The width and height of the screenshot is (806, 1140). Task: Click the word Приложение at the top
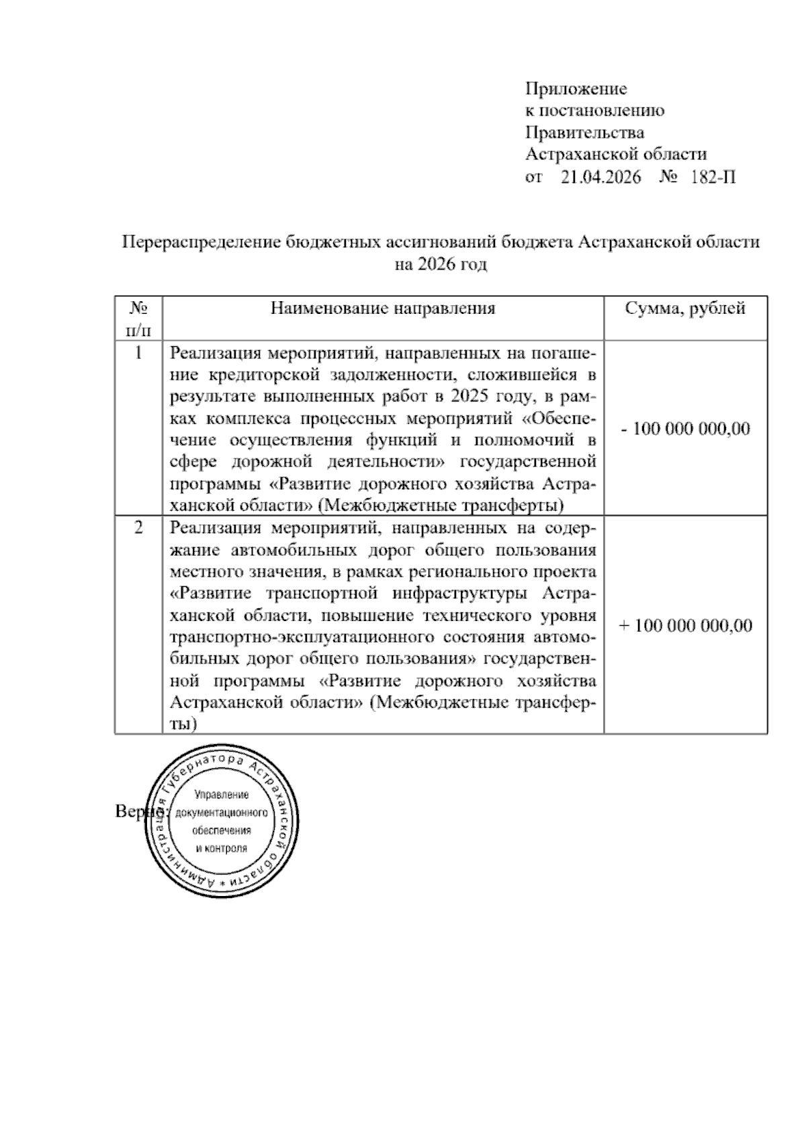(576, 89)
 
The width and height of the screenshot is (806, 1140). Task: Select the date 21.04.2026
(600, 177)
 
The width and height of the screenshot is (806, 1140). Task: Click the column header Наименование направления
(383, 309)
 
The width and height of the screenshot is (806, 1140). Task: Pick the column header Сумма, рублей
(685, 309)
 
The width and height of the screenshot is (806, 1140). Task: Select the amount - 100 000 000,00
(685, 428)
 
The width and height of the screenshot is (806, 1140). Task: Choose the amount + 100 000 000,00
(685, 625)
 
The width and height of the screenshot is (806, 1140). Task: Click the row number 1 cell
(138, 352)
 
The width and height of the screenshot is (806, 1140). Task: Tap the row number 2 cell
(138, 528)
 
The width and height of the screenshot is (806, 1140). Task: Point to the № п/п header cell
(138, 319)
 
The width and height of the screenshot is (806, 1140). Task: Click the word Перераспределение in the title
(202, 242)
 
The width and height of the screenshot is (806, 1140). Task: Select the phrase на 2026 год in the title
(440, 264)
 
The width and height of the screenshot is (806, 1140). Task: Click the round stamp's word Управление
(221, 795)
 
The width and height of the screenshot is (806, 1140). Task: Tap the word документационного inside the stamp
(221, 813)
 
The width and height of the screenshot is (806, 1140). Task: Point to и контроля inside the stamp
(221, 848)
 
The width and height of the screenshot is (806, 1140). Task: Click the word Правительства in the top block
(584, 132)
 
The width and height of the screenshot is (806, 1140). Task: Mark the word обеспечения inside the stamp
(221, 831)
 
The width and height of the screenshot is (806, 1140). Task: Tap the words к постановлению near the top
(594, 110)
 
